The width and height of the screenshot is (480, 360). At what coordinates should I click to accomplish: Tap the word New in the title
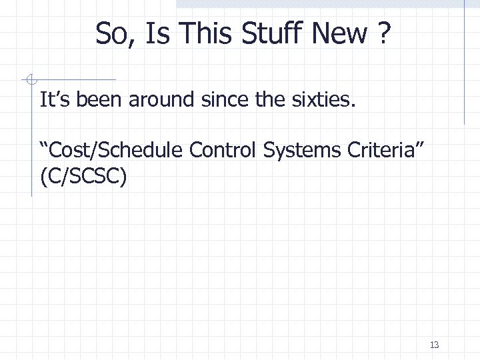pyautogui.click(x=345, y=33)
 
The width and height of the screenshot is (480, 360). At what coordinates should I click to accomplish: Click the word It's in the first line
pyautogui.click(x=55, y=101)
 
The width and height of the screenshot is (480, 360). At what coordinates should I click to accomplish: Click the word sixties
pyautogui.click(x=326, y=101)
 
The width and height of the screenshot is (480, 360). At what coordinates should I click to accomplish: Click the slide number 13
pyautogui.click(x=434, y=345)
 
